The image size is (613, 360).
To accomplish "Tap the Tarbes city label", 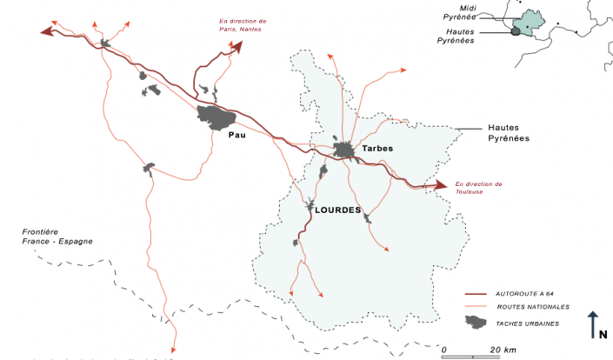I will tap(377, 149).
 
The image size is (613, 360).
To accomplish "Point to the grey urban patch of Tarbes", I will tap(346, 151).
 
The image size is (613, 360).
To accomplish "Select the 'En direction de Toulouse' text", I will tap(477, 188).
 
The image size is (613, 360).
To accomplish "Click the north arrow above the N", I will tap(592, 320).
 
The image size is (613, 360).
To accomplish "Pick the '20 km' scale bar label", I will tap(503, 350).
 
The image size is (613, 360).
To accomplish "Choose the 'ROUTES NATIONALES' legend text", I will tap(533, 307).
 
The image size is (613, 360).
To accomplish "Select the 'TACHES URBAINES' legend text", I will tap(528, 323).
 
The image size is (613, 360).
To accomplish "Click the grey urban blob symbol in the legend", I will tap(476, 323).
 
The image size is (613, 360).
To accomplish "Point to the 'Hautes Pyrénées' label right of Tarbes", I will tap(509, 133).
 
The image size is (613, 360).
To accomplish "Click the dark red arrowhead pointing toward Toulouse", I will tap(442, 184).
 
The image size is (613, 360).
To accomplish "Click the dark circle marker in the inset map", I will tap(515, 31).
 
